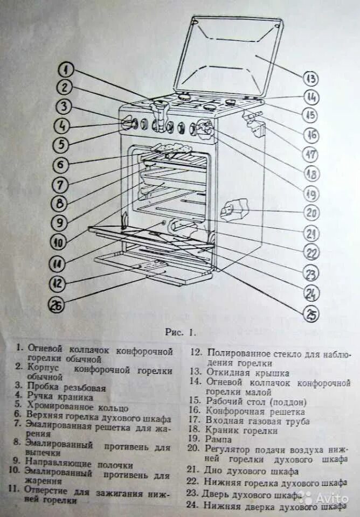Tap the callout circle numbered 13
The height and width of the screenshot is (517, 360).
click(x=310, y=79)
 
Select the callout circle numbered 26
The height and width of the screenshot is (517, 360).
click(x=57, y=305)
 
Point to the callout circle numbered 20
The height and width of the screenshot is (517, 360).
click(x=311, y=212)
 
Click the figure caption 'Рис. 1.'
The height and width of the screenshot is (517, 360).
click(x=180, y=332)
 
